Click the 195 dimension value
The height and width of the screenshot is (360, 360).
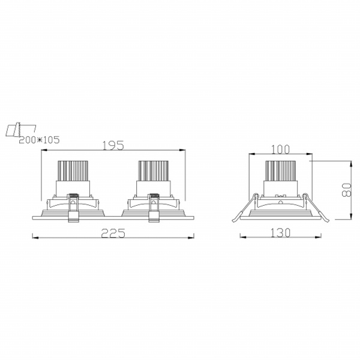point(113,145)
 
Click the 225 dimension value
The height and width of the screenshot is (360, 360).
point(113,233)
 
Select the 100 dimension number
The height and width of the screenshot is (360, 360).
point(280,149)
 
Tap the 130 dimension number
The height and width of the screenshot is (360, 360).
point(281,233)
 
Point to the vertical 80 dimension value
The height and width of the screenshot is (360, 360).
point(346,190)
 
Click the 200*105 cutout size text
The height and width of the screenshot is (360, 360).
point(39,140)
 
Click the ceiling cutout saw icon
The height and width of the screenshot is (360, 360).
point(21,130)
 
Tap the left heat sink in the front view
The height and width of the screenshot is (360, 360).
point(73,171)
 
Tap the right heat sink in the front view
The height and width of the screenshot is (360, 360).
point(153,171)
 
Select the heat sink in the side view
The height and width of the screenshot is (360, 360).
point(280,171)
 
